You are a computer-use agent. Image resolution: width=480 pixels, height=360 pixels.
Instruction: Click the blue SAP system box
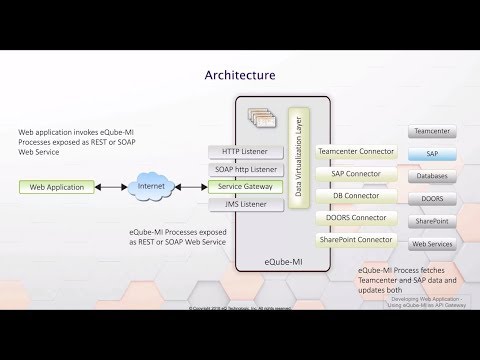(432, 154)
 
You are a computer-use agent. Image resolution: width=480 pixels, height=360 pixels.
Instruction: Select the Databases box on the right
(432, 176)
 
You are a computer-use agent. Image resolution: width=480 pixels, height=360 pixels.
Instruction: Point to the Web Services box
(432, 243)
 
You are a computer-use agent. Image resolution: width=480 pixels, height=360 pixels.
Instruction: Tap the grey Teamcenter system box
(432, 131)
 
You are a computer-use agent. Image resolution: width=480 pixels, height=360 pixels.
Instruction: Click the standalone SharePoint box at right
(432, 221)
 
